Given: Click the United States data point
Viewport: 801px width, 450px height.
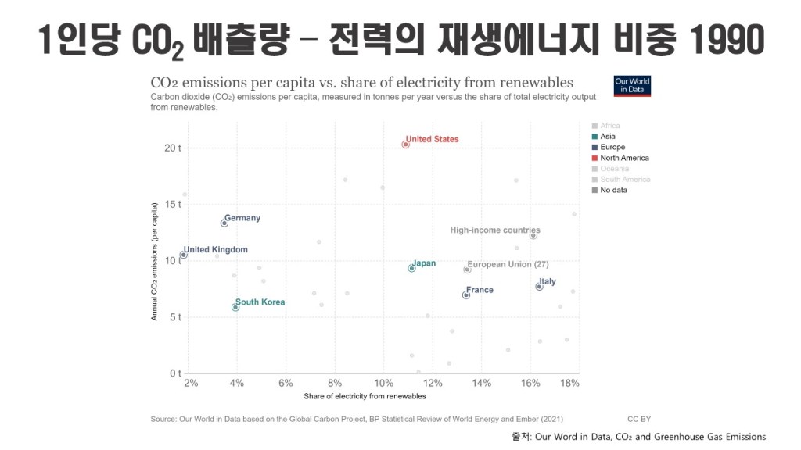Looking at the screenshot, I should [x=405, y=145].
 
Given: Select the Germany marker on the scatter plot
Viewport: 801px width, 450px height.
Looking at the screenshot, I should [x=224, y=223].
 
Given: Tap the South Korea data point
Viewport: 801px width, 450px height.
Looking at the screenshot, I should [x=235, y=307].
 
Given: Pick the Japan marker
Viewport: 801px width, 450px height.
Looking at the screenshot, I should [x=411, y=268].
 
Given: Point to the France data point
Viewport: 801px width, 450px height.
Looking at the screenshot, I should [x=466, y=295].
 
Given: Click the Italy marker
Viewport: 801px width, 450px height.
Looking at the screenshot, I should [x=539, y=287].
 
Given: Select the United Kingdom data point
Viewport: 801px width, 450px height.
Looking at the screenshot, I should [x=184, y=255].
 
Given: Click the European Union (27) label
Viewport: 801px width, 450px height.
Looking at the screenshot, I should [x=508, y=264].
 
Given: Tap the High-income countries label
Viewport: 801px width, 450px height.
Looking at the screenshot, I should [x=494, y=230].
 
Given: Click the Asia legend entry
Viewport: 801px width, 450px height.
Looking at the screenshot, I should [x=607, y=137].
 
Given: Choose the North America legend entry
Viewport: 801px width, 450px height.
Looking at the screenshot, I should [x=623, y=158].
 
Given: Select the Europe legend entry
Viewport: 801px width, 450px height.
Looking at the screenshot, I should [x=612, y=147].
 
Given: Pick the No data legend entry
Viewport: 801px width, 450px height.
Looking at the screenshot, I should [x=613, y=190].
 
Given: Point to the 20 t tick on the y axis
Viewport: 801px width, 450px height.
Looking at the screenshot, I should [x=172, y=148].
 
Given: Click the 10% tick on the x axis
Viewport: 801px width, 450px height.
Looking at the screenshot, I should [x=383, y=383].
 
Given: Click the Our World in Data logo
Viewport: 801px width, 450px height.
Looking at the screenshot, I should [x=632, y=85].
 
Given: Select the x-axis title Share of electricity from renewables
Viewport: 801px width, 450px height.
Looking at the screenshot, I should [x=365, y=396].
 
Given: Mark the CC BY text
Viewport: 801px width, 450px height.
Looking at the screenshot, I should [x=639, y=420].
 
